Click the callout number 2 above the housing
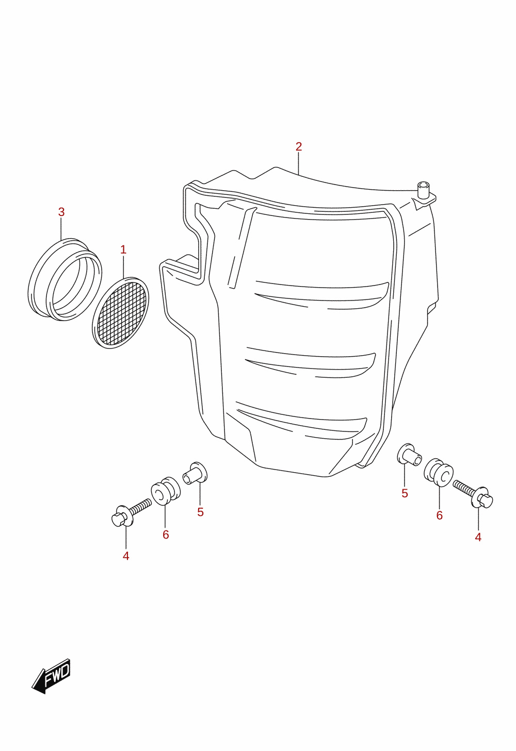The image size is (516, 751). (298, 146)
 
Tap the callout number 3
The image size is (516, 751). (61, 212)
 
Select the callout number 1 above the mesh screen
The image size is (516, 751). (123, 249)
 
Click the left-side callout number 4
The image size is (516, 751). (126, 556)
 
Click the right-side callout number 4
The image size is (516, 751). (478, 537)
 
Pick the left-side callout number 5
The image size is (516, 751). (200, 512)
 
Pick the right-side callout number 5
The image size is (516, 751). (405, 493)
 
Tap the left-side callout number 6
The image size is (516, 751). (166, 535)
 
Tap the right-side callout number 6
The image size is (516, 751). (440, 515)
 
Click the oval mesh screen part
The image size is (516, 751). (120, 313)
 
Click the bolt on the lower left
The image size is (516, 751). (131, 513)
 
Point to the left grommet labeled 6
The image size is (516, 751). (166, 491)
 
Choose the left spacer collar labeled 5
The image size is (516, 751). (195, 473)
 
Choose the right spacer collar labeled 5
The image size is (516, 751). (410, 455)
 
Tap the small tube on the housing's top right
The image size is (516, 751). (423, 190)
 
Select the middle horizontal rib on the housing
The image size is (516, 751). (311, 363)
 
